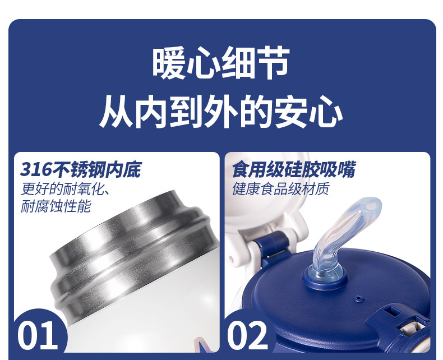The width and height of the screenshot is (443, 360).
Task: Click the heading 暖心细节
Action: pyautogui.click(x=221, y=62)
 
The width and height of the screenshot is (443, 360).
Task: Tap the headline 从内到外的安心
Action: pyautogui.click(x=221, y=112)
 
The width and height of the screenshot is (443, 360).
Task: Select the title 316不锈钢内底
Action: pyautogui.click(x=81, y=169)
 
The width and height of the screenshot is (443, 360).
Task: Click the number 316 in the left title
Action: pyautogui.click(x=36, y=169)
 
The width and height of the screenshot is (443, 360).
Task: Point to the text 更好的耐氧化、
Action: pyautogui.click(x=65, y=189)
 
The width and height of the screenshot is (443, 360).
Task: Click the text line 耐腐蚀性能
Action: pyautogui.click(x=56, y=206)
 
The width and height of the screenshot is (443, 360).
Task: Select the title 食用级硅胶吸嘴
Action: pyautogui.click(x=294, y=169)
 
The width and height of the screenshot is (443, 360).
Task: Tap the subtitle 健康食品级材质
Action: pyautogui.click(x=281, y=189)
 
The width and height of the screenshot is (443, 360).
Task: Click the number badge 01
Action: pyautogui.click(x=38, y=335)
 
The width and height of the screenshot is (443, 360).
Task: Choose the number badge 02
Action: pyautogui.click(x=248, y=335)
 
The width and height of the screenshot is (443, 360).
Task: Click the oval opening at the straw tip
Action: pyautogui.click(x=371, y=205)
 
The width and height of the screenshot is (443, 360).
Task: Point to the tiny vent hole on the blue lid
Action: pyautogui.click(x=358, y=298)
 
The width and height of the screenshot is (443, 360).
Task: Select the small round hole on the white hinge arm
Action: pyautogui.click(x=232, y=257)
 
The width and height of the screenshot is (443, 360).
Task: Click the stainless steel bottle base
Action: pyautogui.click(x=133, y=255)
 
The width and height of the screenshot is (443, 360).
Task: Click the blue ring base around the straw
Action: pyautogui.click(x=325, y=278)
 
